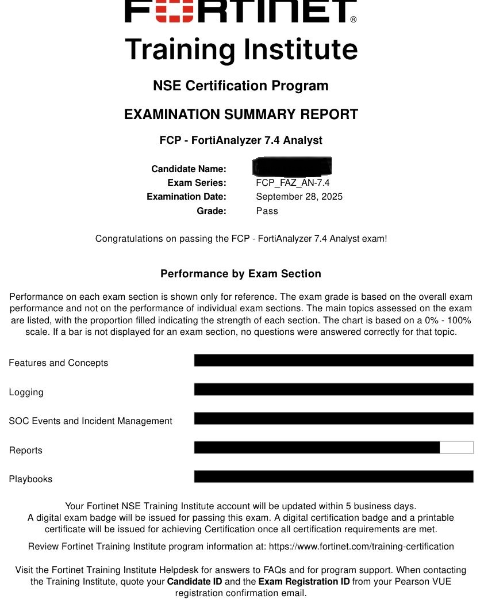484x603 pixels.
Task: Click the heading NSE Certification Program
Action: pyautogui.click(x=241, y=86)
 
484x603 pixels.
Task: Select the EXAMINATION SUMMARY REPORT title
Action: pyautogui.click(x=241, y=115)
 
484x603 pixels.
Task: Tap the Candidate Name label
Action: pyautogui.click(x=189, y=169)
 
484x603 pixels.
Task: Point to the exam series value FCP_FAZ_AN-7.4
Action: pyautogui.click(x=293, y=183)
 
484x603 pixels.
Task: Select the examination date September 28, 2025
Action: pyautogui.click(x=299, y=197)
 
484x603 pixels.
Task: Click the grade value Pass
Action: pyautogui.click(x=267, y=211)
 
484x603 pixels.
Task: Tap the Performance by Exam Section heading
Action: pyautogui.click(x=241, y=274)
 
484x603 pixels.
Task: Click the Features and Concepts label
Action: pyautogui.click(x=58, y=363)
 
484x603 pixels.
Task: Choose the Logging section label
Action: pyautogui.click(x=26, y=392)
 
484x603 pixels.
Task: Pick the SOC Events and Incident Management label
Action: pyautogui.click(x=90, y=421)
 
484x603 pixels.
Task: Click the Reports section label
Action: pyautogui.click(x=25, y=451)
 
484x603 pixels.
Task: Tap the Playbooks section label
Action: pyautogui.click(x=30, y=479)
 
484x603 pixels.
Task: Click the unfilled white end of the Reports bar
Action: pyautogui.click(x=456, y=447)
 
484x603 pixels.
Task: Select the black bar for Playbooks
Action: pyautogui.click(x=333, y=476)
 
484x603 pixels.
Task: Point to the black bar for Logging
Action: pyautogui.click(x=333, y=390)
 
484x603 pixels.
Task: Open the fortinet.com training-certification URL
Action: pyautogui.click(x=361, y=547)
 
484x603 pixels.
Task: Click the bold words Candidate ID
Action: pyautogui.click(x=194, y=582)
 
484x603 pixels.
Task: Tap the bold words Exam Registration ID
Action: pyautogui.click(x=304, y=582)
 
